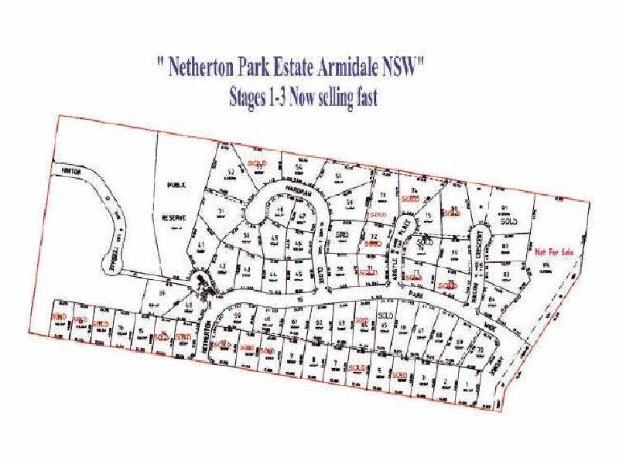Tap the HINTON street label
(x=70, y=169)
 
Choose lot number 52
(x=230, y=172)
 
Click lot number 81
(x=504, y=207)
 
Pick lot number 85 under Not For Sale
(x=545, y=266)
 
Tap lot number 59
(x=239, y=316)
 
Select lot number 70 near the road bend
(x=480, y=350)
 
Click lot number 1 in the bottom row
(x=469, y=382)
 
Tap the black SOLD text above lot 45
(x=385, y=316)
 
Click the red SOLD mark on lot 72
(x=374, y=244)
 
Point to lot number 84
(x=492, y=300)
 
